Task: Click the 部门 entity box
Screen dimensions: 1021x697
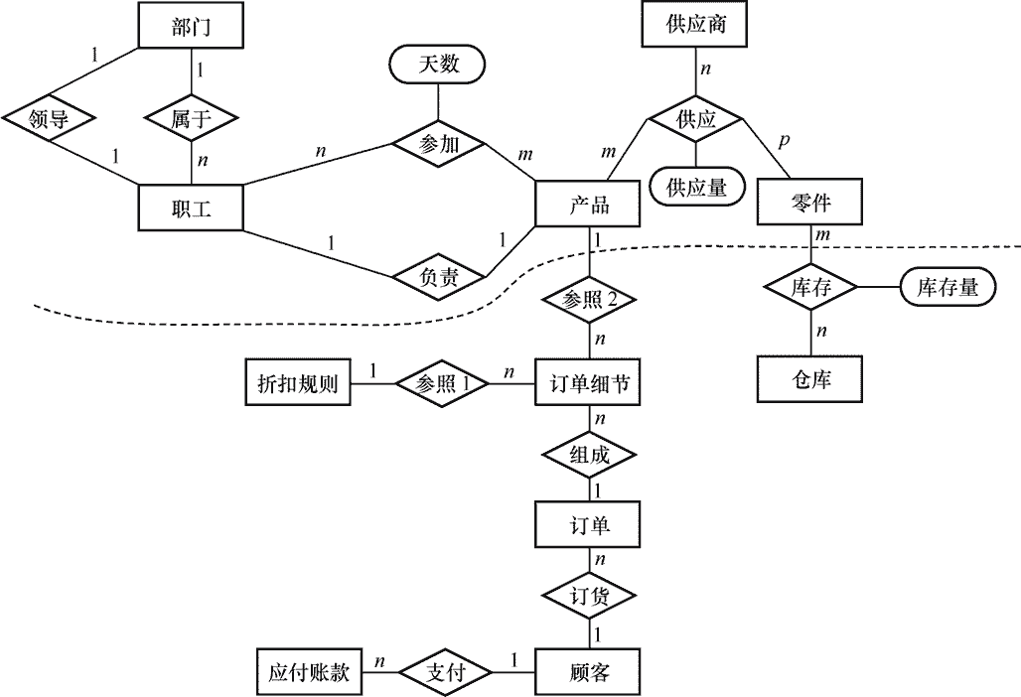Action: pos(191,26)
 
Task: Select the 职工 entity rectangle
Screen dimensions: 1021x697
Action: pos(191,208)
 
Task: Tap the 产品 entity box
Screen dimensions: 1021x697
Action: pos(588,204)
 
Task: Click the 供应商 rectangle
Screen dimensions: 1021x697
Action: pos(695,24)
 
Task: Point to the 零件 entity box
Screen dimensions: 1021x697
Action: pos(810,203)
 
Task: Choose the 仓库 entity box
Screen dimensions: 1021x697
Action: pos(810,378)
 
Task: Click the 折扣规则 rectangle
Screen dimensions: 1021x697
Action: pos(298,382)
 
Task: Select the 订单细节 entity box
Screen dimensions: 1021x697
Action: pos(588,382)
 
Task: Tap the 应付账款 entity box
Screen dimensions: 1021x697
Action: pos(309,671)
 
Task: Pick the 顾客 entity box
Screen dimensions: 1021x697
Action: pos(588,671)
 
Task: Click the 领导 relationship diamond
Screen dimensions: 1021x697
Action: pos(49,118)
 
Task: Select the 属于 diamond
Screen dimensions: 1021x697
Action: pos(191,118)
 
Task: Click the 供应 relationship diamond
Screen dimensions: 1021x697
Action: pos(695,119)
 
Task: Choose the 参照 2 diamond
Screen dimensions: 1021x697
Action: pos(589,300)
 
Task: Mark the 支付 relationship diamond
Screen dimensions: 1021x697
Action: pos(445,671)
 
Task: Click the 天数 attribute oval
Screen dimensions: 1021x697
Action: pos(438,64)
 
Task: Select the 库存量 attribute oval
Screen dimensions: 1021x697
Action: pos(948,286)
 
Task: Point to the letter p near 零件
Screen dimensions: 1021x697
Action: pos(784,141)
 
